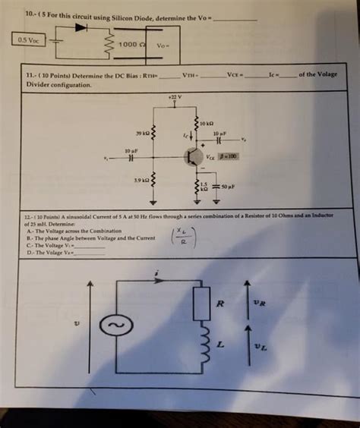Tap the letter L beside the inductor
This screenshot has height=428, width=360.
221,344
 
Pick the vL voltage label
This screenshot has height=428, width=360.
261,347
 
